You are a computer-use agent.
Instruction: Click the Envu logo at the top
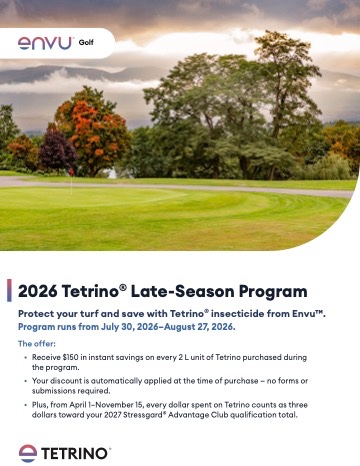pyautogui.click(x=45, y=43)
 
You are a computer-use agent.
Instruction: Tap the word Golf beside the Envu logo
pyautogui.click(x=86, y=42)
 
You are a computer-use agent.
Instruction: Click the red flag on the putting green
pyautogui.click(x=71, y=172)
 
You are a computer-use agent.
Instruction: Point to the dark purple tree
pyautogui.click(x=57, y=151)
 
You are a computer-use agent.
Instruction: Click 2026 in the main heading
pyautogui.click(x=37, y=291)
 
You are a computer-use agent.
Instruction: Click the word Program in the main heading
pyautogui.click(x=273, y=292)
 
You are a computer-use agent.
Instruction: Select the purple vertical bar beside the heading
pyautogui.click(x=9, y=290)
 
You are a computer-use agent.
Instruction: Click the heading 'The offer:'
pyautogui.click(x=37, y=344)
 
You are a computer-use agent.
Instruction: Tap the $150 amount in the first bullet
pyautogui.click(x=70, y=357)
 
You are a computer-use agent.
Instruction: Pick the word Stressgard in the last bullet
pyautogui.click(x=143, y=415)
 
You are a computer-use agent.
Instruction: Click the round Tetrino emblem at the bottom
pyautogui.click(x=28, y=453)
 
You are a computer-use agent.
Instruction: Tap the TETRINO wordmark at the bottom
pyautogui.click(x=75, y=454)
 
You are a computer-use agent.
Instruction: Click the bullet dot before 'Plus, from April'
pyautogui.click(x=26, y=405)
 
